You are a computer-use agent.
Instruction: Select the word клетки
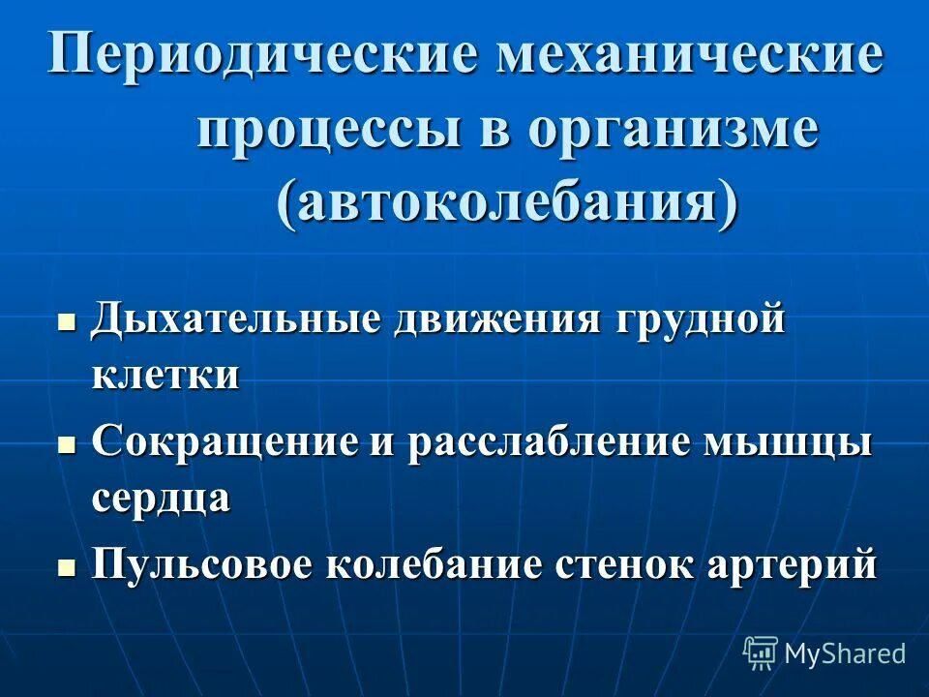[165, 374]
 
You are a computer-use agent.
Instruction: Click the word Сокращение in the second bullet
[225, 444]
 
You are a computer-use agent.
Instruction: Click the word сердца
[162, 499]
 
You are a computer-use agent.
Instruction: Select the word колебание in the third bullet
[437, 564]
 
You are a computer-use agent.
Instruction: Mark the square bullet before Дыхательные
[67, 322]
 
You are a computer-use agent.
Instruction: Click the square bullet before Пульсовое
[67, 566]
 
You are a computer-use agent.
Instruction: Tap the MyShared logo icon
[760, 653]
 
